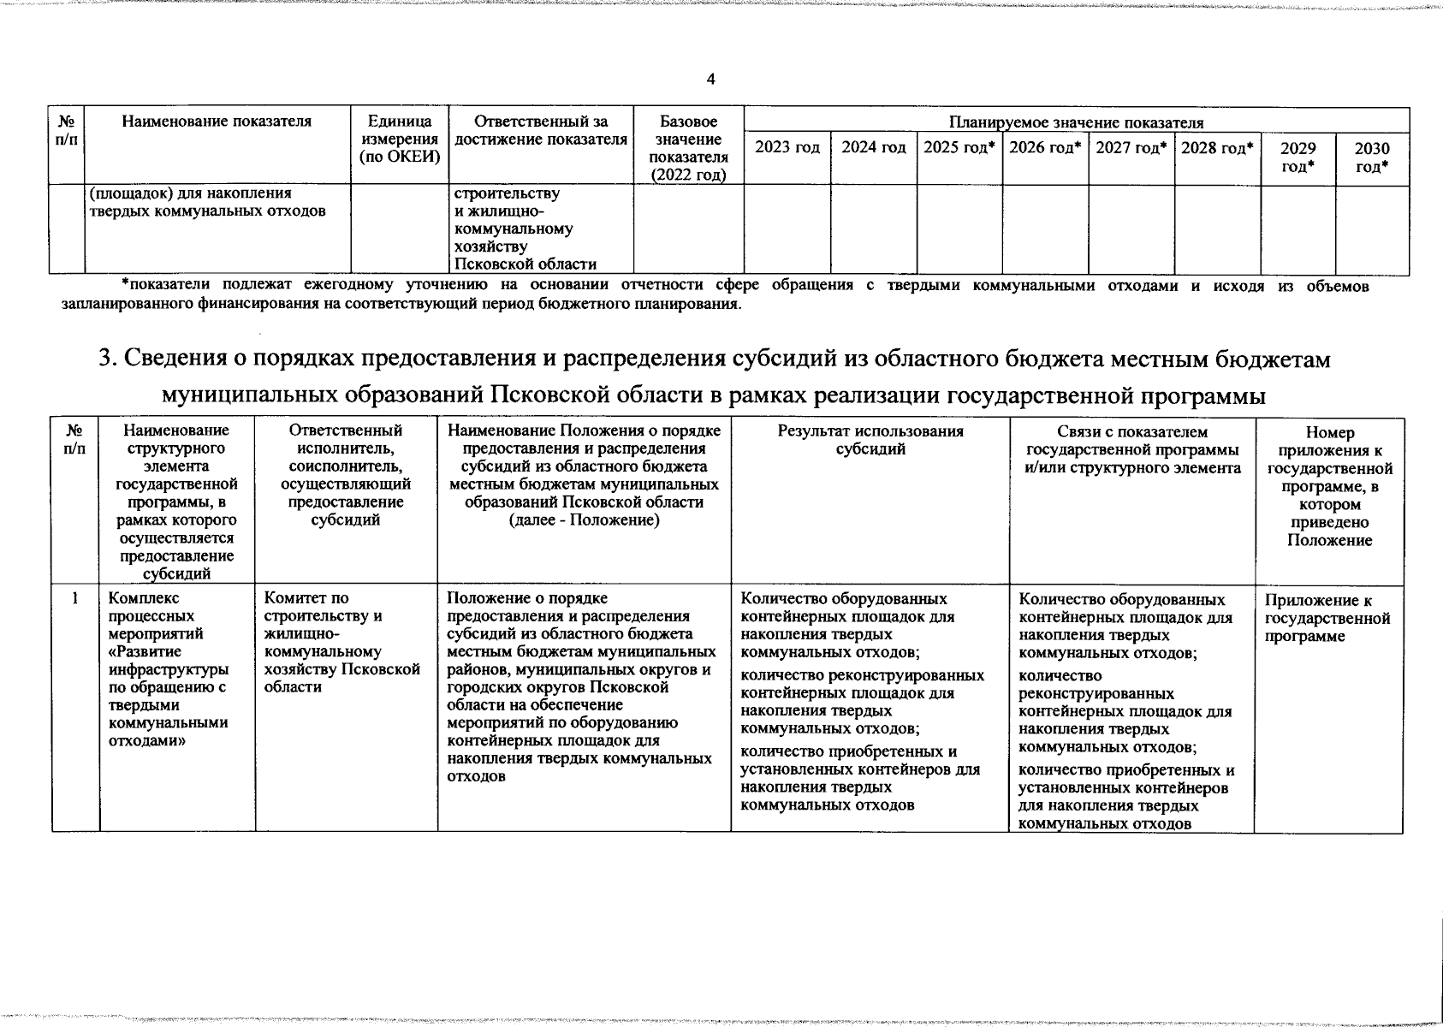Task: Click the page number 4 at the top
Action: pos(711,80)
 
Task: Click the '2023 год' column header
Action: pos(787,148)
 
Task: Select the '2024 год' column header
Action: pos(873,148)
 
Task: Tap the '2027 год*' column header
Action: pos(1131,148)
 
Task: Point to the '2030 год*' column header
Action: pos(1371,157)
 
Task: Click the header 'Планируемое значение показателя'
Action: pos(1076,123)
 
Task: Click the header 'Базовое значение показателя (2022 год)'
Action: pos(688,148)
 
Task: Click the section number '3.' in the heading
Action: pos(108,360)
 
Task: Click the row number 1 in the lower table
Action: pos(75,600)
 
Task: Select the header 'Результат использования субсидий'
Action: pos(870,440)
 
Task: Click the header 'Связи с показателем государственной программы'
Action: pos(1131,449)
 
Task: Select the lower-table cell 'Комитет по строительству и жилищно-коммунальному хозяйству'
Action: pos(342,642)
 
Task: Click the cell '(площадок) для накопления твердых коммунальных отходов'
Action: pos(207,202)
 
